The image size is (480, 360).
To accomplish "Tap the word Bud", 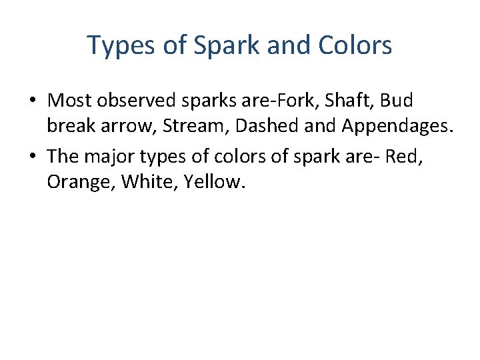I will pos(398,101).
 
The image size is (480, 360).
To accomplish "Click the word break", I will pos(69,127).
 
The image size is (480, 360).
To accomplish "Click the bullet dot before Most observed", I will pos(33,101).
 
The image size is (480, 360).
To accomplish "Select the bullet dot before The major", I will pos(33,155).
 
